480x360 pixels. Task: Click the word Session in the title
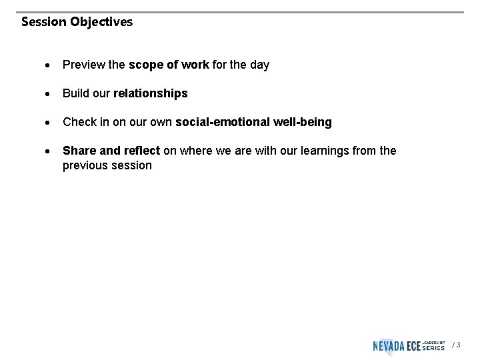coord(44,22)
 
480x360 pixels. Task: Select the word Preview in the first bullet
coord(83,65)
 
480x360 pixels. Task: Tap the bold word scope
coord(145,65)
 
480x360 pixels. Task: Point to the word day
coord(259,65)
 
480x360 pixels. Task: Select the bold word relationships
coord(151,93)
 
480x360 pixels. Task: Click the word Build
coord(75,93)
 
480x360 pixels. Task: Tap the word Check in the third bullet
coord(79,122)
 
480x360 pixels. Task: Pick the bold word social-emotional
coord(223,122)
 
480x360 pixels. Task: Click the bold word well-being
coord(303,122)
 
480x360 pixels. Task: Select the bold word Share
coord(79,151)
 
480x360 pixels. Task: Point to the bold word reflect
coord(141,151)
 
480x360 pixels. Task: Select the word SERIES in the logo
coord(434,348)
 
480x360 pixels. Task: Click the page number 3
coord(458,345)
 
